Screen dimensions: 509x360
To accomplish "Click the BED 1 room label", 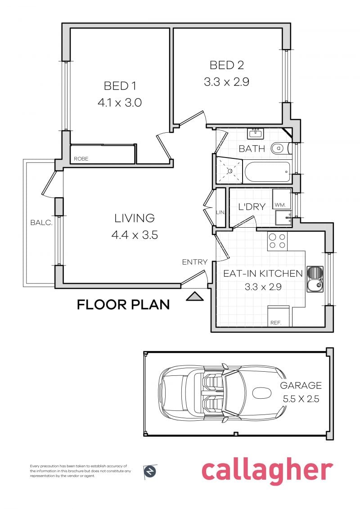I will point(120,86).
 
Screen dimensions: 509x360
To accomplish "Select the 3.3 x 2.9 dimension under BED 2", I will point(226,82).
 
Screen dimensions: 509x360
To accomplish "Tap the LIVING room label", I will point(134,218).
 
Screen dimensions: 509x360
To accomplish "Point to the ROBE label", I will point(81,159).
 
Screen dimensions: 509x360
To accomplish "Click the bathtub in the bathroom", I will point(267,172).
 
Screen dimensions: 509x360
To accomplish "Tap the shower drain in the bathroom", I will point(230,171).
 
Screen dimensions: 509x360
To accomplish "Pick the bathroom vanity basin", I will point(256,133).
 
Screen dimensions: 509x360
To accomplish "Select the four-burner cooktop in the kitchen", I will point(277,241).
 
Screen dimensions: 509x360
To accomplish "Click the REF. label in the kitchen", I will point(275,323).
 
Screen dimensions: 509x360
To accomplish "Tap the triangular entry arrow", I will point(195,296).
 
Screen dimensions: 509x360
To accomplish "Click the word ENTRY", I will point(194,262).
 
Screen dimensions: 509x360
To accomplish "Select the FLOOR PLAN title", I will point(123,305).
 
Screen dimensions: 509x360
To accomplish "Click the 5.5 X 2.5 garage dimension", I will point(301,399).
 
